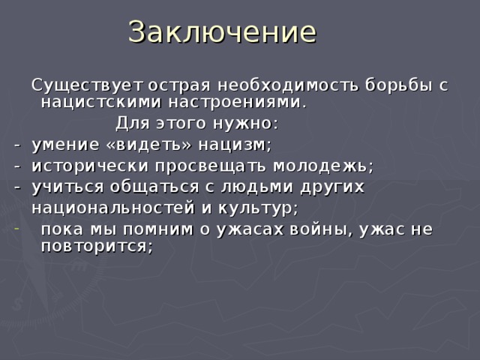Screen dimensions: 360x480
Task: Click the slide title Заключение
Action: pos(223,32)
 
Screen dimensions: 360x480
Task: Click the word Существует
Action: pos(87,85)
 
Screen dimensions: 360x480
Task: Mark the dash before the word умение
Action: pos(16,144)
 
